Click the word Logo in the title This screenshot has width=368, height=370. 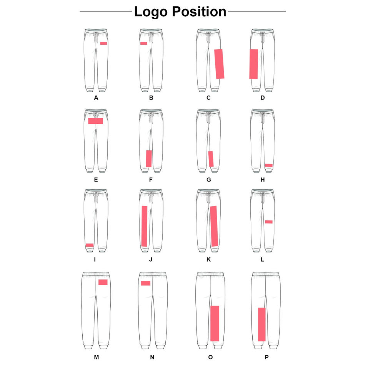coord(151,12)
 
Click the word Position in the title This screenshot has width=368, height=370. coord(199,12)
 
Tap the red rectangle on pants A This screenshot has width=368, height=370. coord(103,43)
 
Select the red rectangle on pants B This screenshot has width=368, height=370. coord(143,43)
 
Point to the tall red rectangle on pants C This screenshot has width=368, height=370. coord(219,64)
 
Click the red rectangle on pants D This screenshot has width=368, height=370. coord(253,64)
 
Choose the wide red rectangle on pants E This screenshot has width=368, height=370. coord(95,121)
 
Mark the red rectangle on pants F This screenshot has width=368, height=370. coord(149,158)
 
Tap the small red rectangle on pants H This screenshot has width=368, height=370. coord(268,165)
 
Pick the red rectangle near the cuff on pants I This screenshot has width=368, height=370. coord(90,245)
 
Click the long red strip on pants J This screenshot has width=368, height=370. coord(145,226)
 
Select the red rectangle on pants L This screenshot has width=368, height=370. coord(268,222)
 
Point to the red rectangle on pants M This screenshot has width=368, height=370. coord(103,282)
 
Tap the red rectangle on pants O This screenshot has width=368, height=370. coord(215,323)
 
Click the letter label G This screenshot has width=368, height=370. coord(208,180)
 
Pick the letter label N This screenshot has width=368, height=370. coord(152,357)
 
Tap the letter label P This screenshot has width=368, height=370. coord(266,357)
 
